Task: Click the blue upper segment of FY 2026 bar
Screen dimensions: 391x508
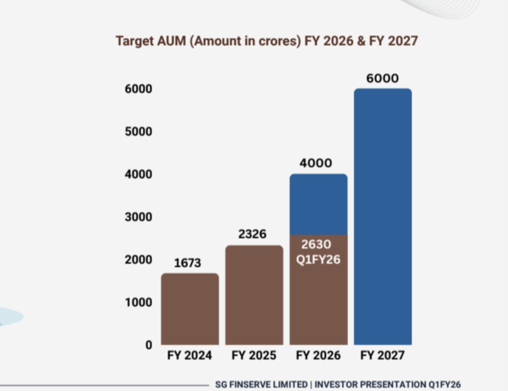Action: click(x=318, y=204)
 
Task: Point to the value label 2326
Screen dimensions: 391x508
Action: click(x=254, y=234)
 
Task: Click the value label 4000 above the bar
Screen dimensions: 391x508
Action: click(x=316, y=163)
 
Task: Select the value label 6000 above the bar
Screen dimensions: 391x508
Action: click(x=383, y=78)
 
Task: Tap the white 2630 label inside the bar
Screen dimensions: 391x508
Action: click(x=316, y=244)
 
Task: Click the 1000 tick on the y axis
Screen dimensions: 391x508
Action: click(x=138, y=302)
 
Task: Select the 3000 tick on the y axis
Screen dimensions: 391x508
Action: click(x=138, y=217)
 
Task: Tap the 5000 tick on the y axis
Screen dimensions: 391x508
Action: click(x=138, y=131)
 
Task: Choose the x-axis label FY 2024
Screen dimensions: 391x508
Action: click(x=190, y=356)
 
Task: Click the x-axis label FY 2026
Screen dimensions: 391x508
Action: click(x=318, y=356)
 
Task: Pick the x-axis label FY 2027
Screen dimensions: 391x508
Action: click(x=383, y=356)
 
